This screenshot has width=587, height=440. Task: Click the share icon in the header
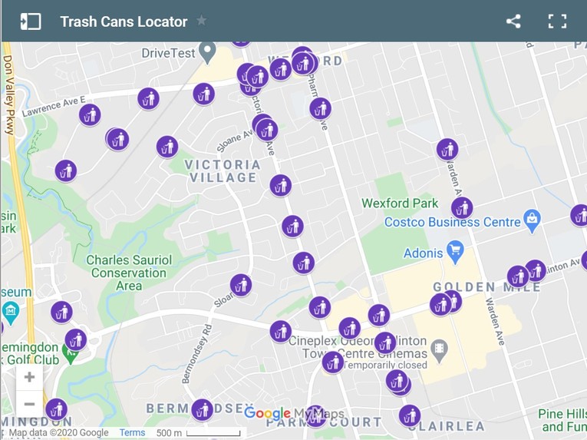513,22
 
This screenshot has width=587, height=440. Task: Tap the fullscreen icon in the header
557,22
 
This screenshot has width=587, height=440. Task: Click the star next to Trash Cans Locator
202,21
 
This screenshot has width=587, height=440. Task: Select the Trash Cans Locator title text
124,22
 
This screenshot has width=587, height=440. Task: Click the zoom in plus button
29,377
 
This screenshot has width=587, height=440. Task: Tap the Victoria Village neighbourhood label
223,171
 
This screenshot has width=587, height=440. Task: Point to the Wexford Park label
400,203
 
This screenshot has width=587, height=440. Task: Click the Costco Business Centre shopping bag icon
532,220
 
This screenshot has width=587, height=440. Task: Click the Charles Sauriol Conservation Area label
128,273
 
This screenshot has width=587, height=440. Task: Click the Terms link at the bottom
132,432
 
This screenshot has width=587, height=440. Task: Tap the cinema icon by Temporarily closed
440,350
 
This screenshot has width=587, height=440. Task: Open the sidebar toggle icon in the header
30,22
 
